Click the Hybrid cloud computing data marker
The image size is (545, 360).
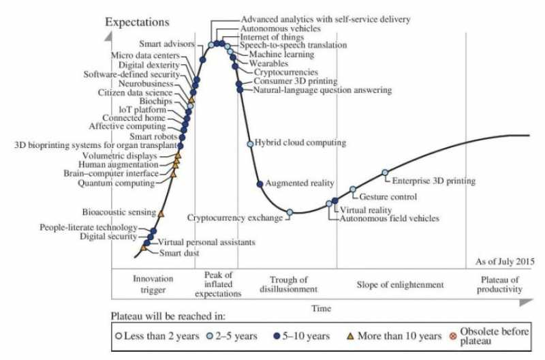click(250, 144)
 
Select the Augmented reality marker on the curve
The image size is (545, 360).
click(259, 184)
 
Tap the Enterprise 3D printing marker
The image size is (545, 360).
click(385, 172)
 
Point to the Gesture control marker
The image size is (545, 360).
click(353, 189)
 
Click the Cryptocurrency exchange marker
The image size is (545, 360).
click(290, 212)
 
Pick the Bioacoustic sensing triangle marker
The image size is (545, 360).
click(161, 214)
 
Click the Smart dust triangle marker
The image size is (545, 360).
click(144, 248)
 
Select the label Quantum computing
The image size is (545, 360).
click(116, 183)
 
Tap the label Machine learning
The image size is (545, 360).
click(281, 53)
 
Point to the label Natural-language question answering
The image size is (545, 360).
click(322, 89)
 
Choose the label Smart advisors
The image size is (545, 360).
click(170, 44)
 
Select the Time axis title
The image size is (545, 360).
click(321, 308)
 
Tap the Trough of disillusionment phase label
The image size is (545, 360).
click(289, 284)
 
